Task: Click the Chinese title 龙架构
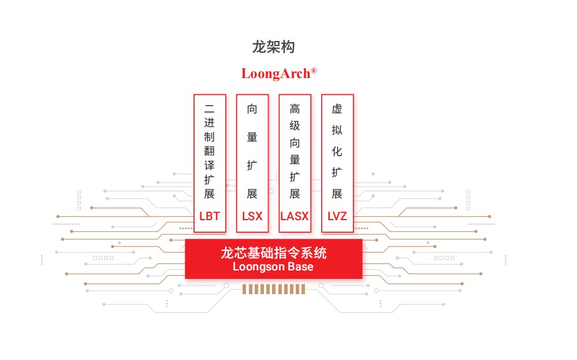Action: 273,47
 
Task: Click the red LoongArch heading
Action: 276,74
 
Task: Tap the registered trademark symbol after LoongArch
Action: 314,70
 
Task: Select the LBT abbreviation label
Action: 210,217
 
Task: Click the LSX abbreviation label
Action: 252,217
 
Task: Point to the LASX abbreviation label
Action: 295,217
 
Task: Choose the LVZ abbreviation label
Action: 337,217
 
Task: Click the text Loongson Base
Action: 273,267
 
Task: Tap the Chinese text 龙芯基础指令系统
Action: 273,253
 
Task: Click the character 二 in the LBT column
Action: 210,108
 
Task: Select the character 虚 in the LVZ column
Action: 337,109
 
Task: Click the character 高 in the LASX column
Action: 295,109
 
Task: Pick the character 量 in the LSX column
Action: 252,137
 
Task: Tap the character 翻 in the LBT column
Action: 210,151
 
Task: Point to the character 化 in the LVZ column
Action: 337,151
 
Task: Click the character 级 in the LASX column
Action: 295,125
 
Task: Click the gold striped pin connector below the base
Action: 273,289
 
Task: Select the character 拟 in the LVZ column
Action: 337,131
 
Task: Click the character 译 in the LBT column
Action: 210,165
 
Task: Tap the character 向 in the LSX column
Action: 252,109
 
